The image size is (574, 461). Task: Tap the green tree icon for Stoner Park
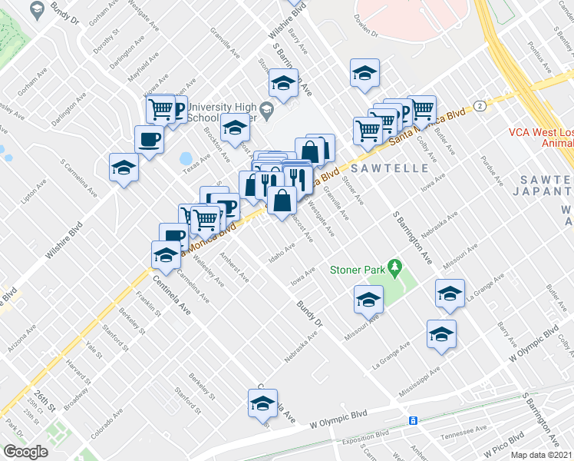pyautogui.click(x=396, y=267)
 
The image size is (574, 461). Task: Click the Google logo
pyautogui.click(x=26, y=452)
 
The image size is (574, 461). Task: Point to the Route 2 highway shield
pyautogui.click(x=478, y=104)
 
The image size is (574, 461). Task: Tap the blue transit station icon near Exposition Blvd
pyautogui.click(x=413, y=421)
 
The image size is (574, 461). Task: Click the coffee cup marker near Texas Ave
pyautogui.click(x=149, y=139)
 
